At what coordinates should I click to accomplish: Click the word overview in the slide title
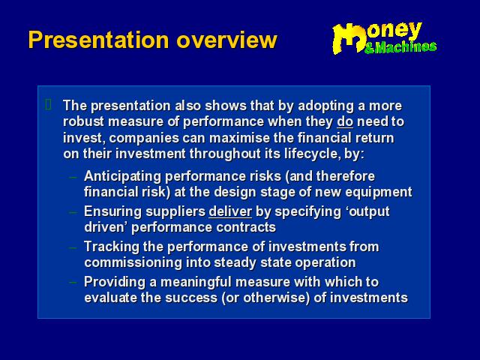pyautogui.click(x=226, y=40)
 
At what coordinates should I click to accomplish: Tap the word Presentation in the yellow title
pyautogui.click(x=98, y=40)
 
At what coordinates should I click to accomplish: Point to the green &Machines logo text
pyautogui.click(x=400, y=47)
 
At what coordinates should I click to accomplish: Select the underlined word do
pyautogui.click(x=345, y=121)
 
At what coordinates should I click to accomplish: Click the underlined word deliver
pyautogui.click(x=230, y=211)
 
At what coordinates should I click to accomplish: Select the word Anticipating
pyautogui.click(x=122, y=177)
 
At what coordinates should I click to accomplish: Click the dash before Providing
pyautogui.click(x=73, y=281)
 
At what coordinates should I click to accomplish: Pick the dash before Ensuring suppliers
pyautogui.click(x=73, y=211)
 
